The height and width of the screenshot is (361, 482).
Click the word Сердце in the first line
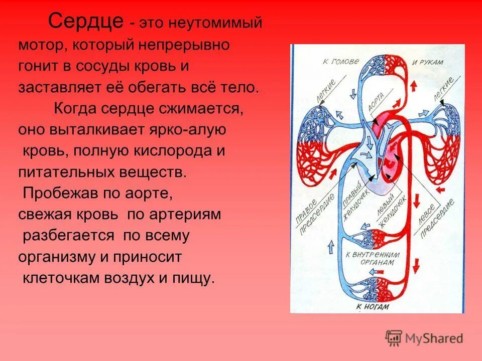(85, 22)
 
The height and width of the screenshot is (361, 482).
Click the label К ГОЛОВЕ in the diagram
(341, 62)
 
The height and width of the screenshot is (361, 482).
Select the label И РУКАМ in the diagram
(428, 62)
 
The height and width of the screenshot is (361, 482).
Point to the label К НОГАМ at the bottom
(373, 306)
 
